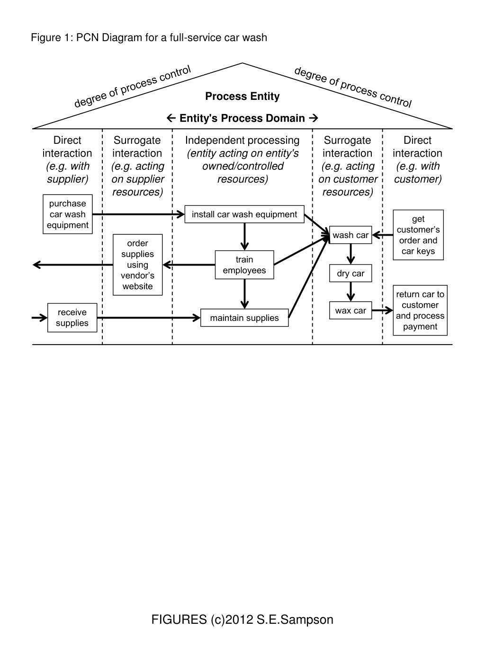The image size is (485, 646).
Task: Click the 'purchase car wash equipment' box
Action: pyautogui.click(x=68, y=214)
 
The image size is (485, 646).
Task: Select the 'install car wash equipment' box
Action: pyautogui.click(x=244, y=214)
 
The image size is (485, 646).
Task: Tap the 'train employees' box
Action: pyautogui.click(x=244, y=265)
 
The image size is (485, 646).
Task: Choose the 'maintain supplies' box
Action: pyautogui.click(x=244, y=318)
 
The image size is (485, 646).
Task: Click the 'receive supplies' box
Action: pyautogui.click(x=72, y=318)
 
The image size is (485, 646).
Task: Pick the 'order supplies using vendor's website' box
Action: pyautogui.click(x=138, y=265)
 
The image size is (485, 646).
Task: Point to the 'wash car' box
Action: pyautogui.click(x=350, y=235)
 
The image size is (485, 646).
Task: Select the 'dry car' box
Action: pyautogui.click(x=350, y=274)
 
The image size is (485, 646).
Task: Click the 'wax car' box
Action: pyautogui.click(x=350, y=311)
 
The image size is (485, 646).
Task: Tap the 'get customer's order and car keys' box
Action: pyautogui.click(x=418, y=235)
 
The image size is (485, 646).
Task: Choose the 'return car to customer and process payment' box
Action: pyautogui.click(x=420, y=310)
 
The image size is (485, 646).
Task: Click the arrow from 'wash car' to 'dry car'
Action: pyautogui.click(x=350, y=254)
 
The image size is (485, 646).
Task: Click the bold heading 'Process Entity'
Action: pyautogui.click(x=242, y=97)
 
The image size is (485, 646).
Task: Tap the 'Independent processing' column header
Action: pyautogui.click(x=242, y=141)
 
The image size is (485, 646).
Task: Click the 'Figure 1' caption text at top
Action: pyautogui.click(x=149, y=37)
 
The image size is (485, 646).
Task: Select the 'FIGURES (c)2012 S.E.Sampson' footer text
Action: pyautogui.click(x=242, y=619)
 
